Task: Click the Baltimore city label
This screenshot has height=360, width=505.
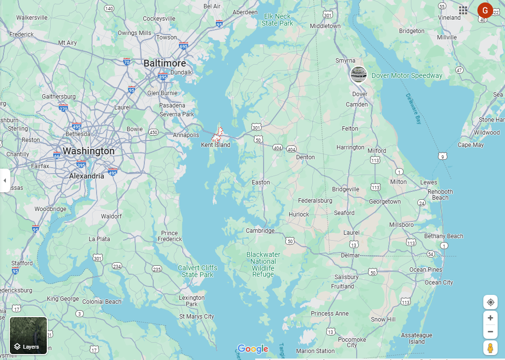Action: [165, 64]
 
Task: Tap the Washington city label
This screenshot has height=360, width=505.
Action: [89, 151]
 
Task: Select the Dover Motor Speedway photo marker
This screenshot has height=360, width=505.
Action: [358, 74]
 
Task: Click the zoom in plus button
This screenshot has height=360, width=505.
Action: [490, 318]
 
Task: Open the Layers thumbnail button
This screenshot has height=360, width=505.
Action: [29, 335]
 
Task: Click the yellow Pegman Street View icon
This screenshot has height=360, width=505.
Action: [490, 348]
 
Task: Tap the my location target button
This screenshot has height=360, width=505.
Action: [490, 302]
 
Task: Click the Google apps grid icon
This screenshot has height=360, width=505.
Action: [463, 10]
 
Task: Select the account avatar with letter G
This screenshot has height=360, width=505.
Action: [485, 10]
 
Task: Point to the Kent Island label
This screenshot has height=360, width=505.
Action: [215, 145]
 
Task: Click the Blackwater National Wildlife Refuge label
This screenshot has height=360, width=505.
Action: [263, 264]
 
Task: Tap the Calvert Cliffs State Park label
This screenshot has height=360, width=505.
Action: [198, 271]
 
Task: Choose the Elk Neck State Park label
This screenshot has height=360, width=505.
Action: [277, 20]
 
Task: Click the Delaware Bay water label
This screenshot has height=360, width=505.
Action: [414, 108]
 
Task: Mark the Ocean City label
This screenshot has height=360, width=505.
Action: [438, 283]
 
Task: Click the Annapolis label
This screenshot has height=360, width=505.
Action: [186, 135]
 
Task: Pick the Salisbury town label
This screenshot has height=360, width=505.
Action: [346, 277]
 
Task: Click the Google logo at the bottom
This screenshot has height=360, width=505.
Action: [253, 349]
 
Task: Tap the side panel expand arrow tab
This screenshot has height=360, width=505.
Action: [5, 180]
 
